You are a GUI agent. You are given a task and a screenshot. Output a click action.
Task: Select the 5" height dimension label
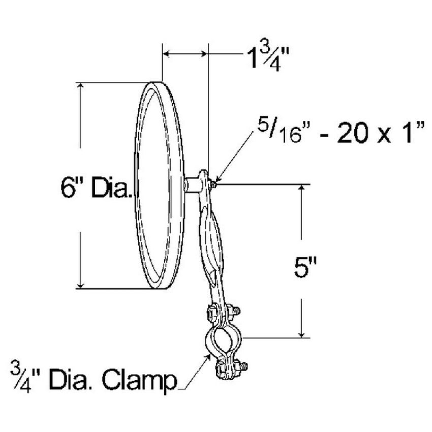pyautogui.click(x=305, y=268)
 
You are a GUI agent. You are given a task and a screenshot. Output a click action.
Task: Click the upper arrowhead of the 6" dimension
pyautogui.click(x=80, y=86)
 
